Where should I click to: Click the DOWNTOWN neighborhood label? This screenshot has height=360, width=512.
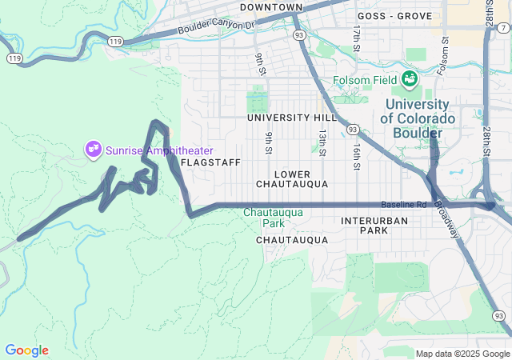tap(270, 7)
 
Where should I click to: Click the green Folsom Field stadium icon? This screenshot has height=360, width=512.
tap(410, 78)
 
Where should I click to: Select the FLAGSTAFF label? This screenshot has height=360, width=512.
tap(206, 162)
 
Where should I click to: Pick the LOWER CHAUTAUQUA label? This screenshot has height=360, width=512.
tap(291, 178)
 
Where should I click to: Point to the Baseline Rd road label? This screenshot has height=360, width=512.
tap(404, 205)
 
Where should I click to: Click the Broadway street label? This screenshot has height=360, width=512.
tap(449, 219)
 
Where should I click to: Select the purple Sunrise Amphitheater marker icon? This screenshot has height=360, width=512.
tap(94, 148)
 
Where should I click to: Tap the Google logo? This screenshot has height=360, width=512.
tap(26, 350)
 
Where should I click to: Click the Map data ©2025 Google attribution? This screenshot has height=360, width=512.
tap(462, 354)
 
